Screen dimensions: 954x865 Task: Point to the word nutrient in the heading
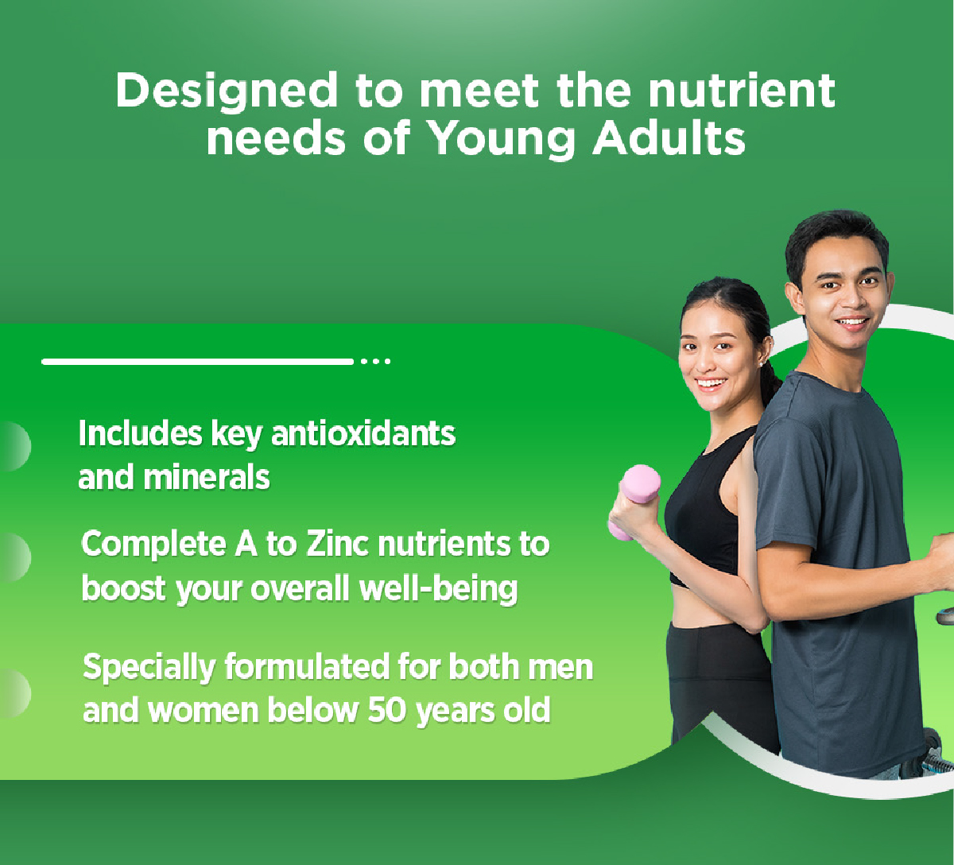[742, 90]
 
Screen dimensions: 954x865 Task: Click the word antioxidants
[363, 433]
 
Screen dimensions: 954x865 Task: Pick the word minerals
[207, 477]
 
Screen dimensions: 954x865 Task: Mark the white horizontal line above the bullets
[197, 362]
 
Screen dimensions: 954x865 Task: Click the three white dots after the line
[376, 362]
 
